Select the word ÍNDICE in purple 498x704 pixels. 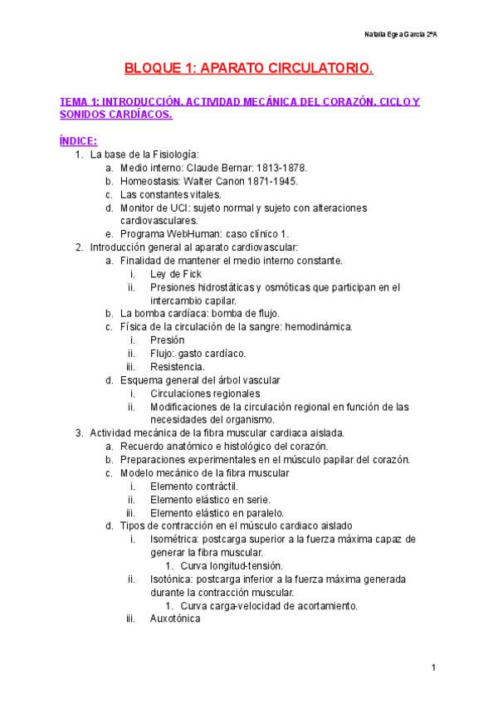pyautogui.click(x=79, y=140)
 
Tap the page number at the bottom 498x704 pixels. pyautogui.click(x=433, y=667)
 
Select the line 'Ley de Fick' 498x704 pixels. pyautogui.click(x=176, y=274)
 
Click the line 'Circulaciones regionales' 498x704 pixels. pyautogui.click(x=205, y=394)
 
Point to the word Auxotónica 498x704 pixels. pyautogui.click(x=175, y=618)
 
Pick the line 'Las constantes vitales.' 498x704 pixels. pyautogui.click(x=170, y=193)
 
